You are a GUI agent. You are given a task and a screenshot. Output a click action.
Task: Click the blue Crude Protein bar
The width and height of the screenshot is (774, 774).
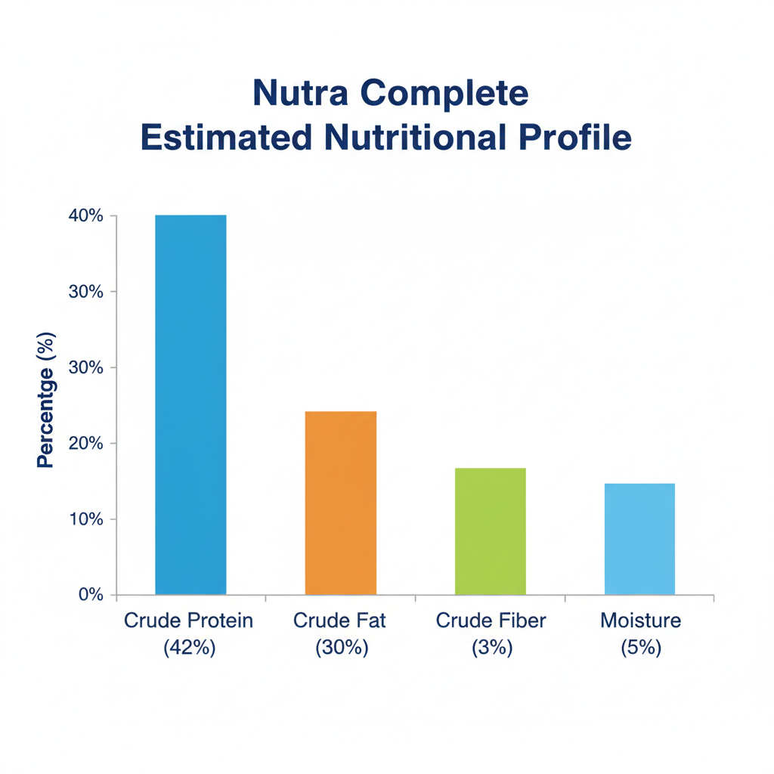(x=190, y=404)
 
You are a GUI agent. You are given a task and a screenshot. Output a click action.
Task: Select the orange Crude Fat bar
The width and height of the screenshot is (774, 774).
(x=340, y=503)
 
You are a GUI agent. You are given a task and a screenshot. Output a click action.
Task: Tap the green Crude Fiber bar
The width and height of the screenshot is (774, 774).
(x=490, y=531)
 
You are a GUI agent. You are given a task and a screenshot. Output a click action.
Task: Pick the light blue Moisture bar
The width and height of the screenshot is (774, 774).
(x=639, y=538)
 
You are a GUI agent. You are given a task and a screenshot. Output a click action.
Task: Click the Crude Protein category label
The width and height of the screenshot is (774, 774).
(x=188, y=621)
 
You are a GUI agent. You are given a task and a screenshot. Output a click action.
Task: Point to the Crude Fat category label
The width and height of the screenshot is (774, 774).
(x=339, y=621)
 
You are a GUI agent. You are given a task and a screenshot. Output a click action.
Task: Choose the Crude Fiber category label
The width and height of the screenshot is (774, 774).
(x=491, y=621)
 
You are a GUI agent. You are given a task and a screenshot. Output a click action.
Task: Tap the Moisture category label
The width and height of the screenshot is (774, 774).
(x=640, y=621)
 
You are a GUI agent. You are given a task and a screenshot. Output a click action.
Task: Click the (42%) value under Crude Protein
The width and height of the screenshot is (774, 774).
(x=189, y=648)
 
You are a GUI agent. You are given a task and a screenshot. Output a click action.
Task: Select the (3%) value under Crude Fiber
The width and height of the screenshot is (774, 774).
(x=491, y=648)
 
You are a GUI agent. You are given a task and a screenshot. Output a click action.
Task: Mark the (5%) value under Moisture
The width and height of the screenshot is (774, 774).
(x=641, y=648)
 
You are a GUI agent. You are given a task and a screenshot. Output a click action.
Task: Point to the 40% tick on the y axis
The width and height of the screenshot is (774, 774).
(x=85, y=216)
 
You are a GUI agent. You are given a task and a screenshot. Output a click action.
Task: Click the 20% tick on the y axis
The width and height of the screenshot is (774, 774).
(x=85, y=443)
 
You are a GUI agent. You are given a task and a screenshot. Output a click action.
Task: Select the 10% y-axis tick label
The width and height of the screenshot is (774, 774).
(x=85, y=519)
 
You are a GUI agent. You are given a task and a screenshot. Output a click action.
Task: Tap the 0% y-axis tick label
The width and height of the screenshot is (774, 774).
(x=89, y=595)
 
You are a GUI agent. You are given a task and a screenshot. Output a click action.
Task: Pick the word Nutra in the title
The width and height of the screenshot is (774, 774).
(x=299, y=93)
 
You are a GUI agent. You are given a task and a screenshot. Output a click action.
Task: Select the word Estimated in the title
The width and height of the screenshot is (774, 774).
(x=226, y=138)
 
